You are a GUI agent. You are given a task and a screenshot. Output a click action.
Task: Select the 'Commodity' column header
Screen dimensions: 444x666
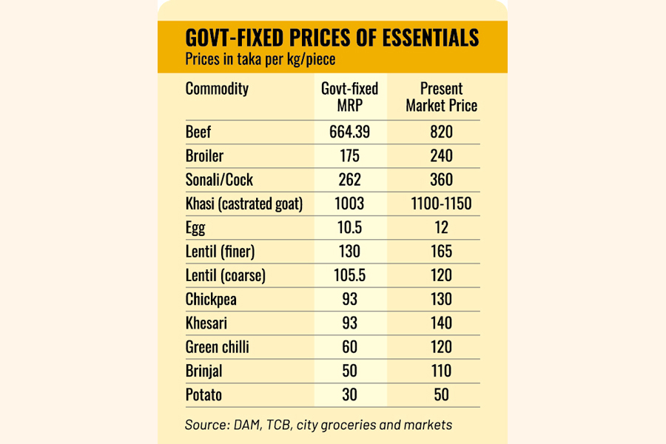(217, 90)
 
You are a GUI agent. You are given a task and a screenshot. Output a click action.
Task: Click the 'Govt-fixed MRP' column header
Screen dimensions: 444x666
(349, 97)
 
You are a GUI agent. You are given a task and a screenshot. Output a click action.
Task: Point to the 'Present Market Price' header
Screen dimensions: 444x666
(441, 97)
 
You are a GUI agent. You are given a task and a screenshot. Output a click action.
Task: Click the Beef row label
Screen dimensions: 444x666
(198, 132)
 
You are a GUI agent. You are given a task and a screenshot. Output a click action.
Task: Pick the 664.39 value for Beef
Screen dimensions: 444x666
(349, 132)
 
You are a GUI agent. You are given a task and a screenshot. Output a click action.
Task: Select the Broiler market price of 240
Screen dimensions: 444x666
(442, 156)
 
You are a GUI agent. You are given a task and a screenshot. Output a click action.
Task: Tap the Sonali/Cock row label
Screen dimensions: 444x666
(219, 180)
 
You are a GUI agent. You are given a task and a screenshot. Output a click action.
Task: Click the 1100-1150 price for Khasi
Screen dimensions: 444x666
(442, 203)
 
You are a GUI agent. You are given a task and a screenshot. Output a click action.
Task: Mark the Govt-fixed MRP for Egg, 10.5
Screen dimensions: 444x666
(349, 227)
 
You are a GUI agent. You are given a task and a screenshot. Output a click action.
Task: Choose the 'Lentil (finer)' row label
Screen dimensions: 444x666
(220, 252)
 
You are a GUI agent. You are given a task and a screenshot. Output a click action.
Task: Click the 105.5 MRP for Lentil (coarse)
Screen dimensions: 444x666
(349, 275)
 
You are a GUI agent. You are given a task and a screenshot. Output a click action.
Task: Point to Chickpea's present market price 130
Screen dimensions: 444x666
(442, 299)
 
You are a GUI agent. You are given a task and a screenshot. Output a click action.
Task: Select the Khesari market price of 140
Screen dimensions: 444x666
(442, 323)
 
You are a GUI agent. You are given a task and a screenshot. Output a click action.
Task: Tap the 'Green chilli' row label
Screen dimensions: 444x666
(218, 346)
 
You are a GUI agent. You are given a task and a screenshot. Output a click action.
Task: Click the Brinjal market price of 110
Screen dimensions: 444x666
(442, 370)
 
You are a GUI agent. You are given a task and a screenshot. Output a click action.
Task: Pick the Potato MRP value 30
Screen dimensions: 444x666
(349, 394)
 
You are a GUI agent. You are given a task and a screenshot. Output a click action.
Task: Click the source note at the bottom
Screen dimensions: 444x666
(318, 425)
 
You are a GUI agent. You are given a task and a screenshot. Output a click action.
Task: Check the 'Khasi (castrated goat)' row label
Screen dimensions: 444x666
(244, 203)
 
